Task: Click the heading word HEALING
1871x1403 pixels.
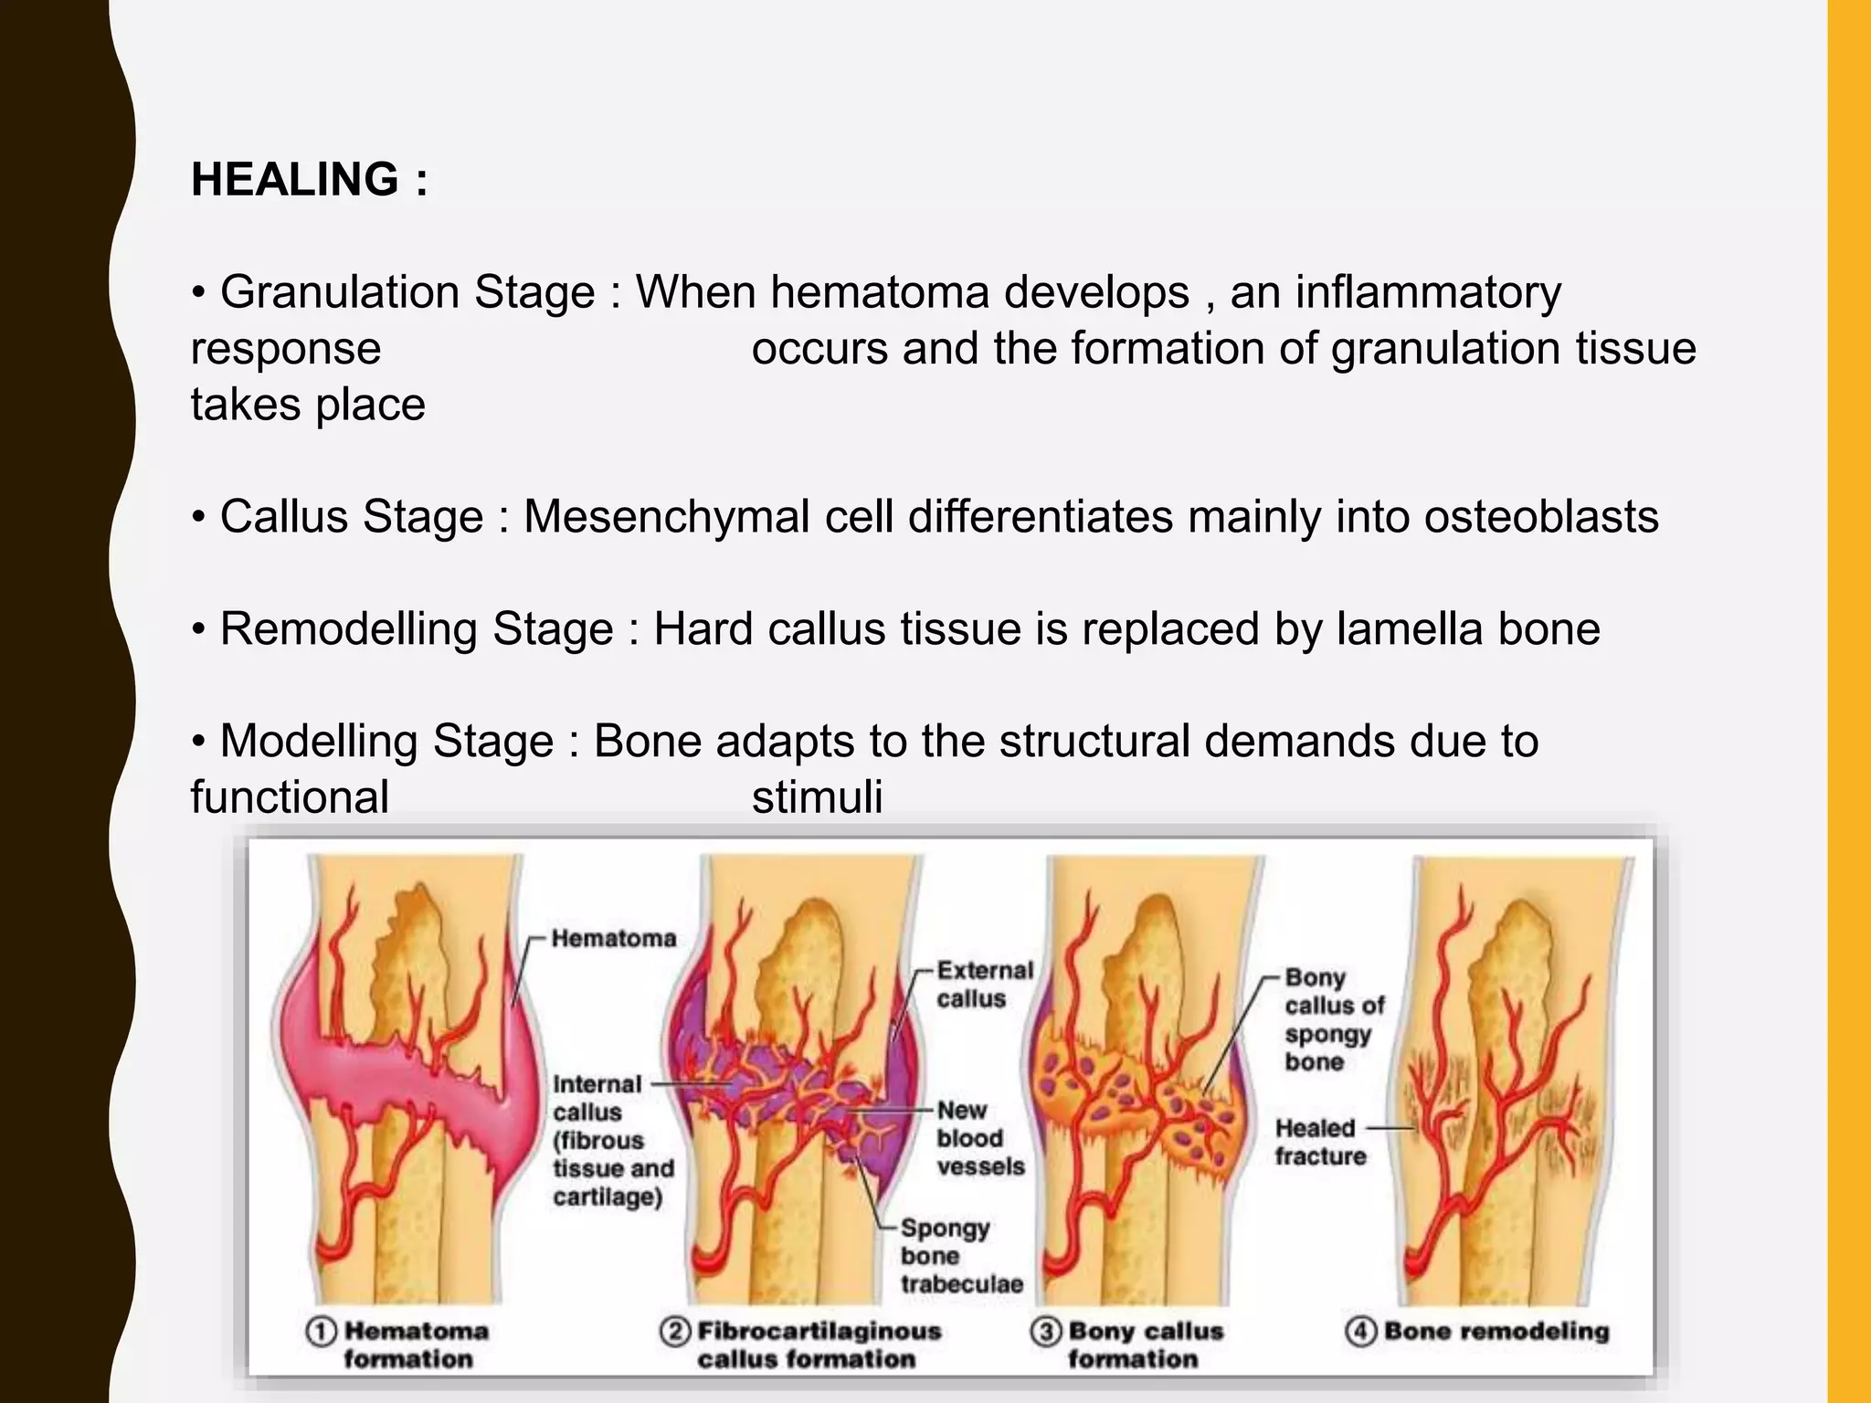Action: click(x=294, y=179)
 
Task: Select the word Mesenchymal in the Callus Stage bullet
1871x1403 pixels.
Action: click(x=666, y=517)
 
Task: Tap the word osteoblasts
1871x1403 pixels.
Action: click(x=1541, y=517)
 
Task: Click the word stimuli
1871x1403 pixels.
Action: click(x=817, y=796)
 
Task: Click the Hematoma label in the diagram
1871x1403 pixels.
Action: click(x=613, y=938)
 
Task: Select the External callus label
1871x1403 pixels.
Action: click(x=984, y=984)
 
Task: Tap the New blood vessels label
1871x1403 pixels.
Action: click(x=979, y=1138)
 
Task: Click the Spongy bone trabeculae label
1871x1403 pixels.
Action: click(x=960, y=1256)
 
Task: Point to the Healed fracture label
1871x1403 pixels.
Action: click(x=1320, y=1142)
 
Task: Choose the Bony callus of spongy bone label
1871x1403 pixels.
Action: click(x=1333, y=1019)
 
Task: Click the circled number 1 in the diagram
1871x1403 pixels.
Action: click(x=321, y=1332)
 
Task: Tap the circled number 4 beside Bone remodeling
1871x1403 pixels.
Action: click(x=1360, y=1331)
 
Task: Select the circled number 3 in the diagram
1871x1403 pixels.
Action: click(x=1045, y=1332)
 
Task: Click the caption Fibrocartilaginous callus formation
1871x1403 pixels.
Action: click(x=818, y=1345)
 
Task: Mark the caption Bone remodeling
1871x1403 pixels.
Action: click(x=1496, y=1331)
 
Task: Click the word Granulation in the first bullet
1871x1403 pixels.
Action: click(x=340, y=292)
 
